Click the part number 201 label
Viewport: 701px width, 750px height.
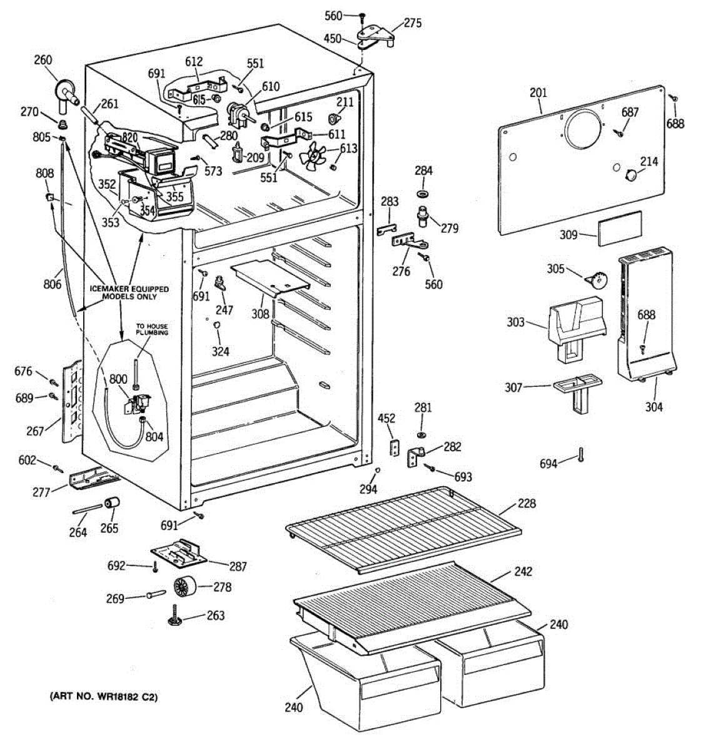[x=538, y=93]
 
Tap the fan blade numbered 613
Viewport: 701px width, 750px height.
[x=312, y=155]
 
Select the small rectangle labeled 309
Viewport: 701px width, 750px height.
[x=620, y=229]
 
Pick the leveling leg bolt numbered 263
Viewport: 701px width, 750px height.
[x=176, y=616]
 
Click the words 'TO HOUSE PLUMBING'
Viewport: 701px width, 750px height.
[x=152, y=329]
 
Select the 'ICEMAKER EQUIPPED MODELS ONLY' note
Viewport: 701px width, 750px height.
[x=129, y=292]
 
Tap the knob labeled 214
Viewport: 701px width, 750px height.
[x=630, y=175]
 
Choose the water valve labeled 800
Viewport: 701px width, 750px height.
[x=138, y=403]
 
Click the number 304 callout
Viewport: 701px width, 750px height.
[x=653, y=407]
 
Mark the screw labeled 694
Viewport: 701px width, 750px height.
[x=581, y=454]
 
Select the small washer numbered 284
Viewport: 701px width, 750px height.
[x=422, y=194]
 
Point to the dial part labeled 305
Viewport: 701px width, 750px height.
[x=595, y=279]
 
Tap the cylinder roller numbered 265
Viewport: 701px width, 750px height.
[x=112, y=503]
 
